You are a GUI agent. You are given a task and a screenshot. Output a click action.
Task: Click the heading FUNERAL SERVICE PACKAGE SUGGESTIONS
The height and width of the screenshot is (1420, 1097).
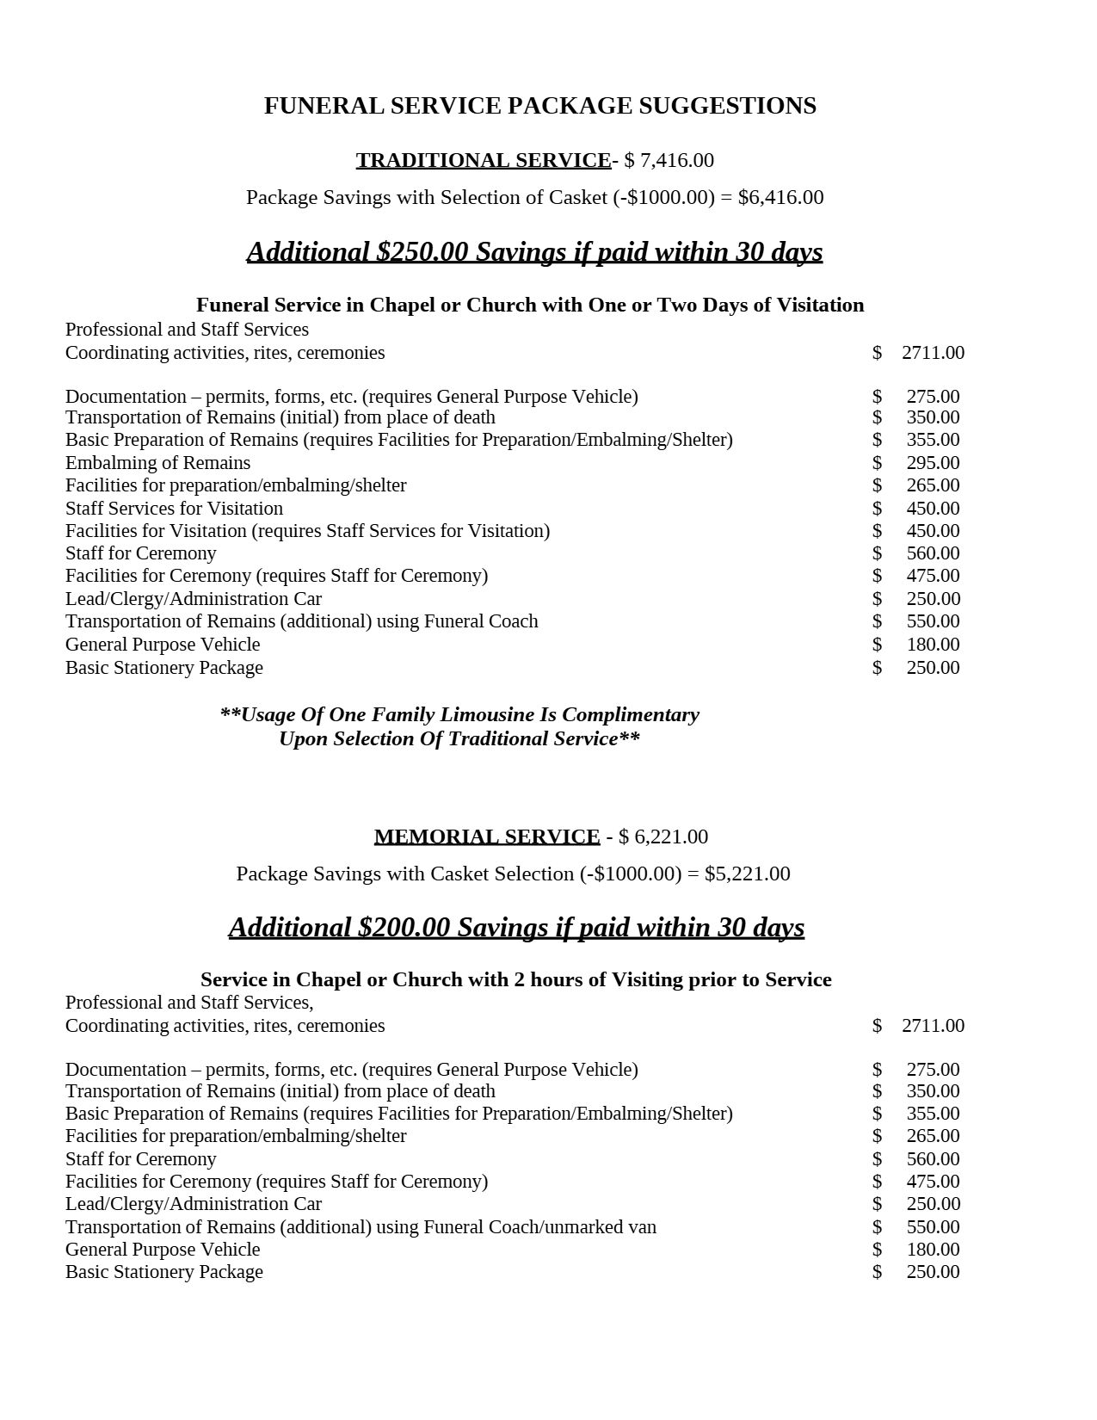[539, 106]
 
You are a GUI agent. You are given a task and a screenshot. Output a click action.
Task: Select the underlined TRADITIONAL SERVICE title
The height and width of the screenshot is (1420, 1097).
[484, 160]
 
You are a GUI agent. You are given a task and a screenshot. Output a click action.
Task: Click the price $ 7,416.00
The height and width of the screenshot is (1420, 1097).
[669, 160]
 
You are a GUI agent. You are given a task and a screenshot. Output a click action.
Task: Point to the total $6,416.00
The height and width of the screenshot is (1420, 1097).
[780, 197]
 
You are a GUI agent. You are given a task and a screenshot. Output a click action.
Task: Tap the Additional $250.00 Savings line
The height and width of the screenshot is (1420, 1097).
[534, 251]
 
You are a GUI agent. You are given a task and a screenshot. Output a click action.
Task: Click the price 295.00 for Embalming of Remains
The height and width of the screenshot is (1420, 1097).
[933, 463]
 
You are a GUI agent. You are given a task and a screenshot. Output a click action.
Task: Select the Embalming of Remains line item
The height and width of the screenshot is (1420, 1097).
[157, 463]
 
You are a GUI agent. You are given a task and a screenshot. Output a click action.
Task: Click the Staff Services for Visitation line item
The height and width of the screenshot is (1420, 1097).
[174, 509]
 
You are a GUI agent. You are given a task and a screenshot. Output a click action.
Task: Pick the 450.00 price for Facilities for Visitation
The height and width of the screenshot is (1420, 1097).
[933, 531]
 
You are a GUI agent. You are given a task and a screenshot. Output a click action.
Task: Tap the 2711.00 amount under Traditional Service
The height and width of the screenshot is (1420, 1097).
[933, 353]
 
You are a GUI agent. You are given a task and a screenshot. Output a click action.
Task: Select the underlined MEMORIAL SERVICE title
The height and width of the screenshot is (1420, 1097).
[487, 837]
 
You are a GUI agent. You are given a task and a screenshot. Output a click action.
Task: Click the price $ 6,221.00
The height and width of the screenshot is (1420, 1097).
[663, 837]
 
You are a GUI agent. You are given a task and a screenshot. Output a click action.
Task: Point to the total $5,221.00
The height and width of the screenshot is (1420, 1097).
[747, 874]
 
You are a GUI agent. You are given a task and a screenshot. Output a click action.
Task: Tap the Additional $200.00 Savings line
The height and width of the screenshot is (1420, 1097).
[516, 927]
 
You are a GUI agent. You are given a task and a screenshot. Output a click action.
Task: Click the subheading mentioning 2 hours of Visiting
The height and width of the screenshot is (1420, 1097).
[516, 980]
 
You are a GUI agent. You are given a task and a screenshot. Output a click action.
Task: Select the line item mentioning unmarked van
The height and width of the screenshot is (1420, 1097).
[361, 1227]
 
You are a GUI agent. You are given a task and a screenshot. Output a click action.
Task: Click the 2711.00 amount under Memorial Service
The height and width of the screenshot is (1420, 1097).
[933, 1026]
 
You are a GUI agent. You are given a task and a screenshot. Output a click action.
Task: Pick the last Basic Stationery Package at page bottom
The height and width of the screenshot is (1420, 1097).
[164, 1272]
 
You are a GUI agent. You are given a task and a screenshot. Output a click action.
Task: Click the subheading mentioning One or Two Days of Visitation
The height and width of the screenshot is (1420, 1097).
[530, 306]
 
